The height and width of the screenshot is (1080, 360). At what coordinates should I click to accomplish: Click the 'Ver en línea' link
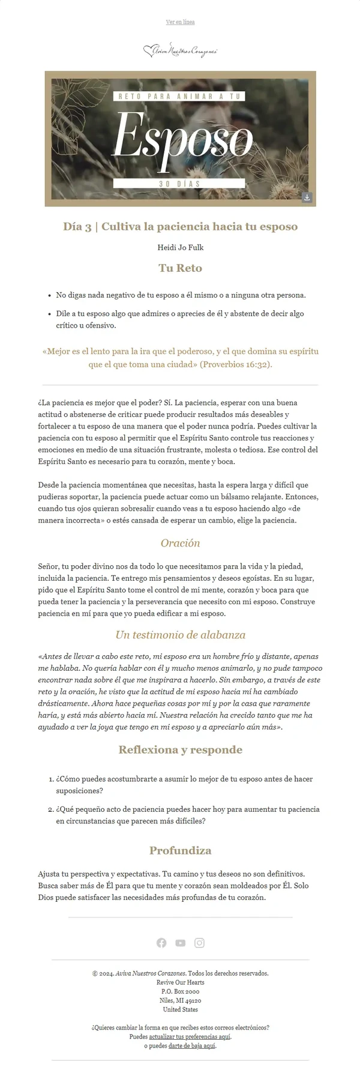(x=180, y=22)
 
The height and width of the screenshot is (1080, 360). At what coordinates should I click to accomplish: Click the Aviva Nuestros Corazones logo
(x=180, y=52)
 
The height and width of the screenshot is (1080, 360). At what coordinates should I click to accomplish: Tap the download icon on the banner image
(x=307, y=197)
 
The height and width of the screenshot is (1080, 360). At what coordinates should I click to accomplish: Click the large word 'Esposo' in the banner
(x=182, y=139)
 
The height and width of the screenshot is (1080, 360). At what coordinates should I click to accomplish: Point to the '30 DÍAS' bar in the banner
(x=180, y=184)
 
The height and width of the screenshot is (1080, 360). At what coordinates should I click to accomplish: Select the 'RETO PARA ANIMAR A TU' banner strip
(x=179, y=96)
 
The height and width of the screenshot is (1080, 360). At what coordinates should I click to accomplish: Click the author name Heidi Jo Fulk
(x=180, y=247)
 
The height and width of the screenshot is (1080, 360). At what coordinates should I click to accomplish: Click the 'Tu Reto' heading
(x=180, y=268)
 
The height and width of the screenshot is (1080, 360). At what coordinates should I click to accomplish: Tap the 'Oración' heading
(x=180, y=543)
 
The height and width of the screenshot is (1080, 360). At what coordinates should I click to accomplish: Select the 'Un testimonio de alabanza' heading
(x=180, y=635)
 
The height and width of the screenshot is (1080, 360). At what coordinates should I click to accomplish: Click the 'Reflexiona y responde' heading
(x=180, y=749)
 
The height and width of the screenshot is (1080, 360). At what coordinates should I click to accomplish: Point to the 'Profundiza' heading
(x=180, y=850)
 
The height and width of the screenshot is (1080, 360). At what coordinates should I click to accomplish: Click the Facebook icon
(x=161, y=943)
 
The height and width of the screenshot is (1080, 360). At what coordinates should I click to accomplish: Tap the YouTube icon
(x=180, y=943)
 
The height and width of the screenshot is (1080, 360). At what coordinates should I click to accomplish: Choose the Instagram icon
(x=199, y=943)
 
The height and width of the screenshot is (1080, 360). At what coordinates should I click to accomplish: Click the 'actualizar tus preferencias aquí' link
(x=190, y=1036)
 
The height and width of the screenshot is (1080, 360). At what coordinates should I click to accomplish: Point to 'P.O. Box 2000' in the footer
(x=180, y=991)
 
